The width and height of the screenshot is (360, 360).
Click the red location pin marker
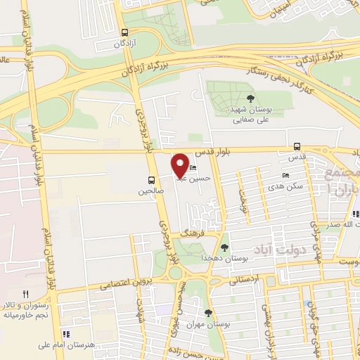coord(181,166)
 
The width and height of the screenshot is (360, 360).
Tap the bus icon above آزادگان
coord(124,32)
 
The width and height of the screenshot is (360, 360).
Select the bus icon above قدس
coord(297,147)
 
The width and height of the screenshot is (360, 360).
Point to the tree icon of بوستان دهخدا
coord(224,247)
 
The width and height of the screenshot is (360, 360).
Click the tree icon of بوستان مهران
coord(207,313)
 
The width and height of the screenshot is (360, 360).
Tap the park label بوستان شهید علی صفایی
coord(251,115)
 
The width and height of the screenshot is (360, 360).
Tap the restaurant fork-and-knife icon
coord(26,294)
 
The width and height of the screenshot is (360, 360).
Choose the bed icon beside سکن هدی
coord(285,176)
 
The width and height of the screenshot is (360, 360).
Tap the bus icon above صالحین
coord(150,179)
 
